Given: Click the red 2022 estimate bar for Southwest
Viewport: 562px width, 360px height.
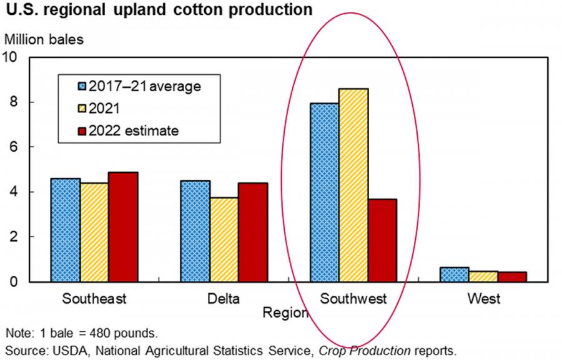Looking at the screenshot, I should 382,240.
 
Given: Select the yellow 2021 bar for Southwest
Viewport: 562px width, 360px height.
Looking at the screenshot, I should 353,185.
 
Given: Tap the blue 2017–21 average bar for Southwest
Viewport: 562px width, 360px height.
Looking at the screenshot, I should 325,192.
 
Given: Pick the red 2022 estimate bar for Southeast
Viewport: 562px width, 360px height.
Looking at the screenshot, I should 123,227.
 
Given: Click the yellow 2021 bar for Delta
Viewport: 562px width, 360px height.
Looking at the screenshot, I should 224,240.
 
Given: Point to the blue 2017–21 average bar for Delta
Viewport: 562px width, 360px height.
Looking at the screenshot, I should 195,231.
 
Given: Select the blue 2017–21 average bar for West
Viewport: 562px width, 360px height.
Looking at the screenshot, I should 454,275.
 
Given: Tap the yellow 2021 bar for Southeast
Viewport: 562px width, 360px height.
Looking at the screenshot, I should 94,232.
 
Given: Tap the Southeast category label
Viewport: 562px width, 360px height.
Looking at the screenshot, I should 94,299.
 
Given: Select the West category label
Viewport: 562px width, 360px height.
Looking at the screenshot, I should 483,299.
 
